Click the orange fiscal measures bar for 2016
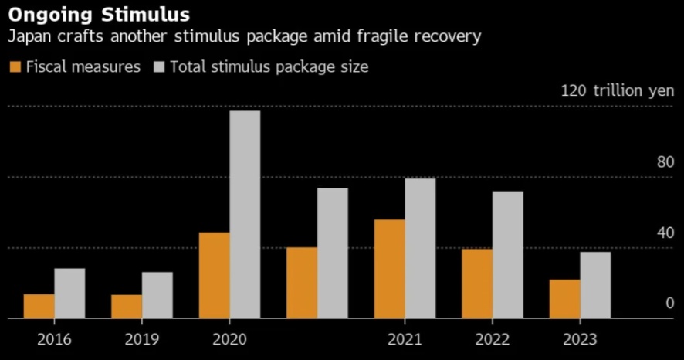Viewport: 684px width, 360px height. (x=39, y=306)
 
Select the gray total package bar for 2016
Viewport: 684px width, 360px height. (x=69, y=293)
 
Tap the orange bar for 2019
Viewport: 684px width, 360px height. (x=127, y=306)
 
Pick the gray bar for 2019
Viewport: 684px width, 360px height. (x=157, y=294)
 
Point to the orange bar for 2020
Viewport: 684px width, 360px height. (x=214, y=275)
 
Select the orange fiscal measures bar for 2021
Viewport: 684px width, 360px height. (x=389, y=268)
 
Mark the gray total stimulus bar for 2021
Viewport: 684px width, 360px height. (x=420, y=248)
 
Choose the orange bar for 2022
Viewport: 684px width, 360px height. (x=477, y=283)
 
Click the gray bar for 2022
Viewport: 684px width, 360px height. (x=508, y=254)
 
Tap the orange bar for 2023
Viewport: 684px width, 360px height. (x=564, y=298)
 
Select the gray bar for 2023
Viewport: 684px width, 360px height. (x=595, y=284)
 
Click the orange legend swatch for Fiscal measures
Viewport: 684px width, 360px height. (x=14, y=67)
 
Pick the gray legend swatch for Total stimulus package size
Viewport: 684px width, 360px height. (x=160, y=67)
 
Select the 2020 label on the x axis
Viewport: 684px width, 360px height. (x=229, y=339)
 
